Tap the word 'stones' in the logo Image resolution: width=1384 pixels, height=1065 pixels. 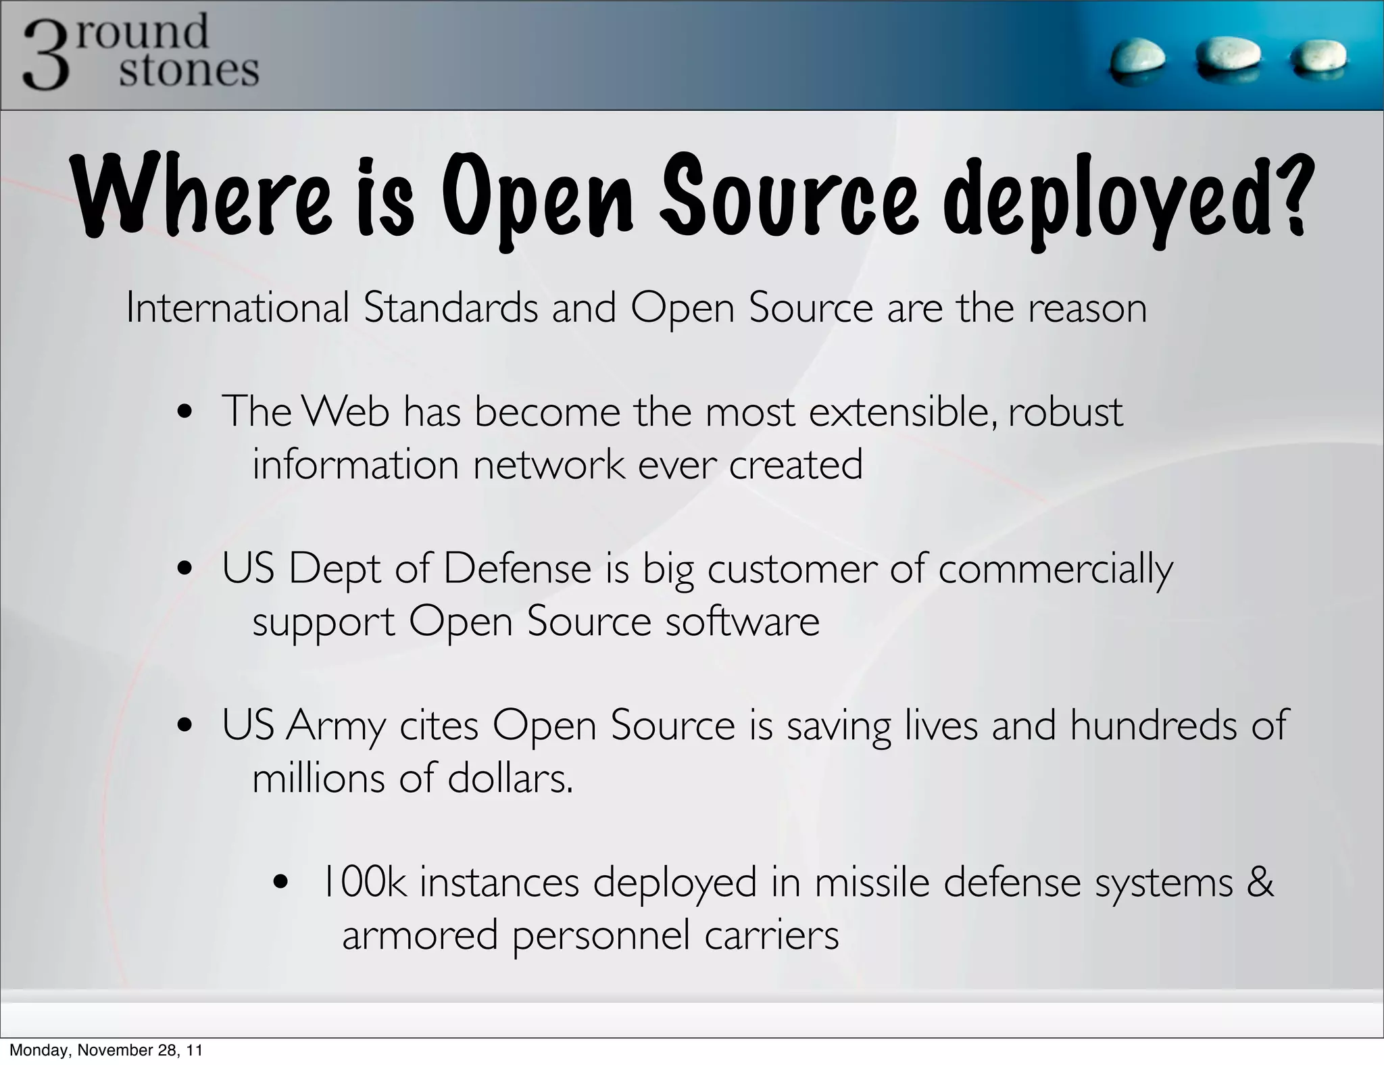pos(189,71)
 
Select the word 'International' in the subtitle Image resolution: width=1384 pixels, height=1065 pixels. pos(237,307)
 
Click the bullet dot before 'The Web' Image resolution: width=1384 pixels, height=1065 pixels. pos(183,414)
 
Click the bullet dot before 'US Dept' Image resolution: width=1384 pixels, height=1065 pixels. pos(183,570)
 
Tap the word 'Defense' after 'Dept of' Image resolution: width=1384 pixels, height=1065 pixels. pos(517,568)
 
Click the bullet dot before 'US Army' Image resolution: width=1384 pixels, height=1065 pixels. pos(183,726)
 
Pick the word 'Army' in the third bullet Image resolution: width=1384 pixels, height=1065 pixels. pos(335,727)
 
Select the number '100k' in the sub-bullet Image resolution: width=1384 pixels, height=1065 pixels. pos(365,883)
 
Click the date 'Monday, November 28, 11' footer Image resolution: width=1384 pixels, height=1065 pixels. pos(105,1050)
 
